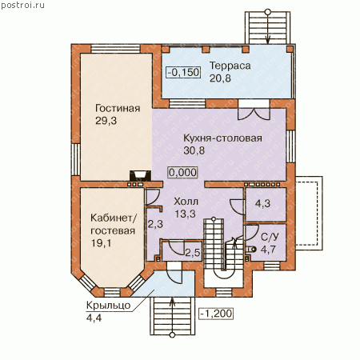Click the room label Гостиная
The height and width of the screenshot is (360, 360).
coord(118,108)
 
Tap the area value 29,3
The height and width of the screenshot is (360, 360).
coord(106,121)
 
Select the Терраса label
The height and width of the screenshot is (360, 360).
coord(230,66)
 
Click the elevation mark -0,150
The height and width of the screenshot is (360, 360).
coord(183,72)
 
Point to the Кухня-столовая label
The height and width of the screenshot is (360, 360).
coord(222,138)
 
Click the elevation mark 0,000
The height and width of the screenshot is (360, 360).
coord(183,172)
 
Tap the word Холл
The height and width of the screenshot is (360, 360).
coord(186,202)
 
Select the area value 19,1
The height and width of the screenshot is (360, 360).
coord(102,243)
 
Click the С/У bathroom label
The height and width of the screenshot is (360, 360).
coord(270,237)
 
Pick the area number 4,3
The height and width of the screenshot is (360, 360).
coord(262,204)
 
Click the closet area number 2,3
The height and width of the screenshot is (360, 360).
coord(155,224)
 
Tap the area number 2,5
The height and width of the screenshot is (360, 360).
coord(193,253)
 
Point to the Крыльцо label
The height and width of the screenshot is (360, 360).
coord(108,306)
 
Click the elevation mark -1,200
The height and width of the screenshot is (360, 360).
coord(216,314)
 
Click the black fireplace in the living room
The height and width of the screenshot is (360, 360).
coord(141,176)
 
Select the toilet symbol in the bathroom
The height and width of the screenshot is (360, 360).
coord(251,250)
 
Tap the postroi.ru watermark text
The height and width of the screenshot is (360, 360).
coord(22,6)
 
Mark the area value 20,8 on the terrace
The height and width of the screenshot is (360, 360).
coord(220,78)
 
